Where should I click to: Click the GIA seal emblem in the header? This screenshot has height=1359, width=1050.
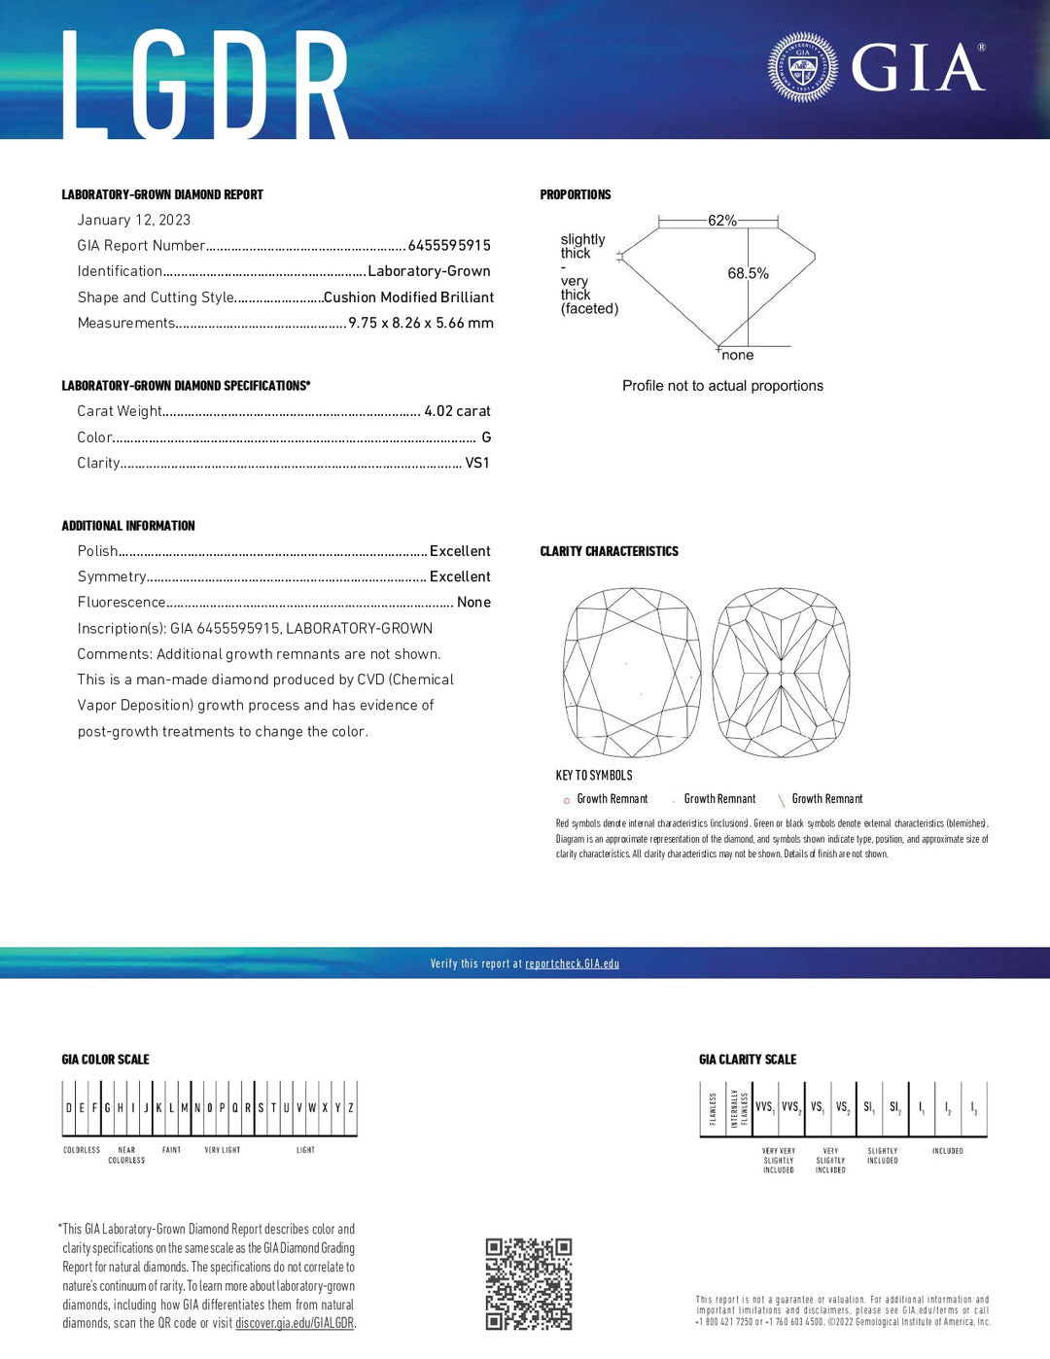(x=802, y=68)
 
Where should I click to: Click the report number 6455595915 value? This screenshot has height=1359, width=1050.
(x=449, y=246)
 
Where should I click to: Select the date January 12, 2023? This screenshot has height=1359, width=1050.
(x=134, y=221)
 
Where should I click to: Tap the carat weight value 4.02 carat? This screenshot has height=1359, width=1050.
(x=457, y=411)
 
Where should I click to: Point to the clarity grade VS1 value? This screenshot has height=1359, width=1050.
(x=477, y=463)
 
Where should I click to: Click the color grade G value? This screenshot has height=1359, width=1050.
(x=486, y=437)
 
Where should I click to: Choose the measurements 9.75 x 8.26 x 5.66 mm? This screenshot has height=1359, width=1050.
(x=421, y=323)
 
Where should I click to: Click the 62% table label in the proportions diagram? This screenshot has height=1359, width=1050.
(x=721, y=221)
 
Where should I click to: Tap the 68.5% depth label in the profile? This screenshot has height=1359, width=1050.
(x=748, y=274)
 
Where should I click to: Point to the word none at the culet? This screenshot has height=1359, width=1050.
(x=738, y=356)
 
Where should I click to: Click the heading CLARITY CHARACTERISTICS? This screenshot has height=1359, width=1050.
(x=609, y=551)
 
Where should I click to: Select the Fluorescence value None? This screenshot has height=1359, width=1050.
(x=473, y=603)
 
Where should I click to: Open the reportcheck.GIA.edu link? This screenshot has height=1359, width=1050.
(x=572, y=964)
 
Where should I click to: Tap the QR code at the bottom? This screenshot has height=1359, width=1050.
(x=529, y=1283)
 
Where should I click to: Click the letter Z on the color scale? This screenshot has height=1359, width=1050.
(x=351, y=1107)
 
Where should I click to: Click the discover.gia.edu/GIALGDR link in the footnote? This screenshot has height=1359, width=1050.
(x=295, y=1324)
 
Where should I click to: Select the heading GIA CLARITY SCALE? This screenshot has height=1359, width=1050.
(x=747, y=1060)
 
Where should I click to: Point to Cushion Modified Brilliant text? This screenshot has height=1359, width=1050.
(x=408, y=297)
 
